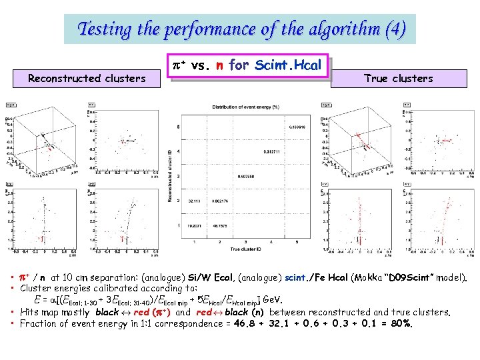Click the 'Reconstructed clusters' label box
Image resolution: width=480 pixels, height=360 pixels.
[x=87, y=79]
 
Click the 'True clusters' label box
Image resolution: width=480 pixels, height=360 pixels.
[x=398, y=79]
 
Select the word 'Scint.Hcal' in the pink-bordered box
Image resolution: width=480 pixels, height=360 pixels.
[x=289, y=65]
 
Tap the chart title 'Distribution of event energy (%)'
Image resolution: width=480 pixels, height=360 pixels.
[x=246, y=107]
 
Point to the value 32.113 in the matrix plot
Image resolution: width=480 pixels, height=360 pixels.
[x=195, y=200]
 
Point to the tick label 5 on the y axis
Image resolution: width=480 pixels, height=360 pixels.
[x=178, y=127]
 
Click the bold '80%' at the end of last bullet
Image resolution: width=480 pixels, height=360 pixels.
[x=402, y=324]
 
